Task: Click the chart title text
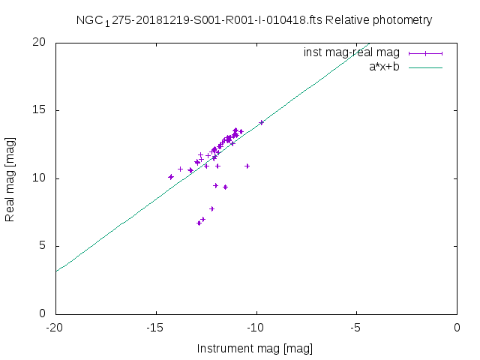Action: pos(254,20)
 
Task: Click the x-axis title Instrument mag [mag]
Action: pos(254,349)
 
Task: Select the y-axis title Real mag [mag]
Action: pos(10,178)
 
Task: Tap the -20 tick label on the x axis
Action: pos(55,327)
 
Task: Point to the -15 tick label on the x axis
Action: pos(155,327)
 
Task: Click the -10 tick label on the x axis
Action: pos(256,327)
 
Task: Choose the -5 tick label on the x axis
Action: pos(356,327)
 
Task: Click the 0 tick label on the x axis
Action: pos(457,327)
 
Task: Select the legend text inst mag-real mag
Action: pos(351,52)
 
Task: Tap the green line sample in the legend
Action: pos(426,67)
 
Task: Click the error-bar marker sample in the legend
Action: pos(426,52)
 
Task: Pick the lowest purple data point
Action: pos(199,223)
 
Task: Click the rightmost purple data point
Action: pos(262,122)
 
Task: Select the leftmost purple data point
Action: pos(171,177)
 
